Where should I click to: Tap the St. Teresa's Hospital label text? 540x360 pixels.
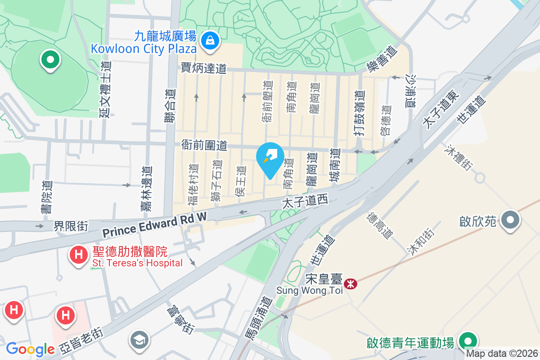coord(137,263)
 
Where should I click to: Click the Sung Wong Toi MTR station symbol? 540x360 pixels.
coord(350,283)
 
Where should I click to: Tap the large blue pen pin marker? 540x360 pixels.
coord(270,160)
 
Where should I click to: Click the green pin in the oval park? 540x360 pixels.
coord(50,59)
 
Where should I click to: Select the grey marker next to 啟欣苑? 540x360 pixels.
coord(510,220)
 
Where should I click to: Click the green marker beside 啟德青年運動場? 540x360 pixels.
coord(468,340)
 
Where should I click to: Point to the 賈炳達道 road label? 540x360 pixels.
coord(203,68)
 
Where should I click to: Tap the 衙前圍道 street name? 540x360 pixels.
coord(204,145)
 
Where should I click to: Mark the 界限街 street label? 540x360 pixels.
coord(71,225)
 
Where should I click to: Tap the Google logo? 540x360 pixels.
coord(30,349)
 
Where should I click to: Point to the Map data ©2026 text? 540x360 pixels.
coord(501,354)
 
